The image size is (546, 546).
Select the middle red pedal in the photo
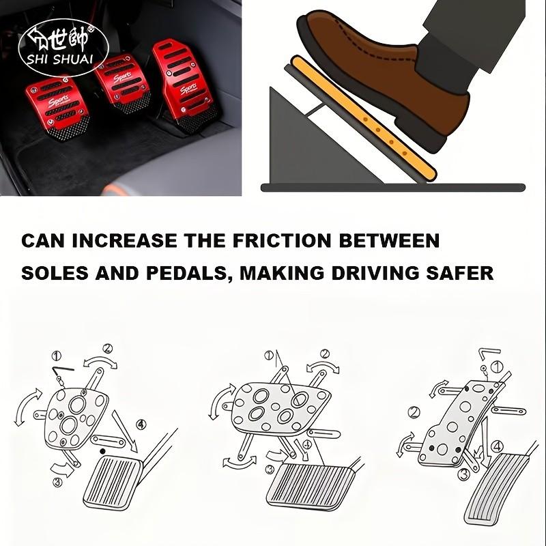tap(123, 85)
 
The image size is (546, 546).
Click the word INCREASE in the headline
tap(126, 241)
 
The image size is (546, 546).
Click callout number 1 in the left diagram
tap(57, 356)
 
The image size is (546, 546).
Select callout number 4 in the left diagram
tap(141, 424)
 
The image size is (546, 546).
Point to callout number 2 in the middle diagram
tap(325, 354)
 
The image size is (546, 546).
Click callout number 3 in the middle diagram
tap(270, 469)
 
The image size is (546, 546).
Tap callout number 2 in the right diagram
tap(413, 412)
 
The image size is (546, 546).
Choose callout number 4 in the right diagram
tap(498, 446)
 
